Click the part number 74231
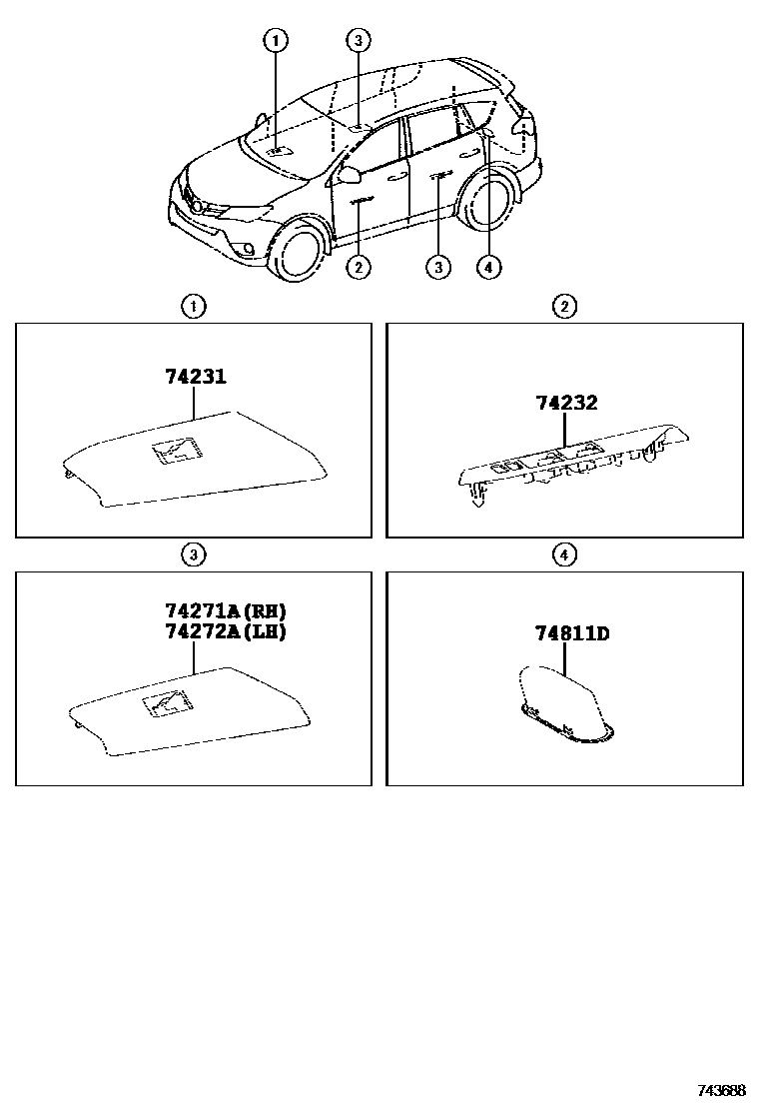point(196,377)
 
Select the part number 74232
point(566,403)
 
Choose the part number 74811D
point(572,632)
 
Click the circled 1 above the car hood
point(276,41)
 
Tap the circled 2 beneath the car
point(358,267)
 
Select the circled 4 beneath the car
point(487,267)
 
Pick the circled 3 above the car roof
point(359,41)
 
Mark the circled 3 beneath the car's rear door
point(437,267)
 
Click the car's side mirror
point(350,176)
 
